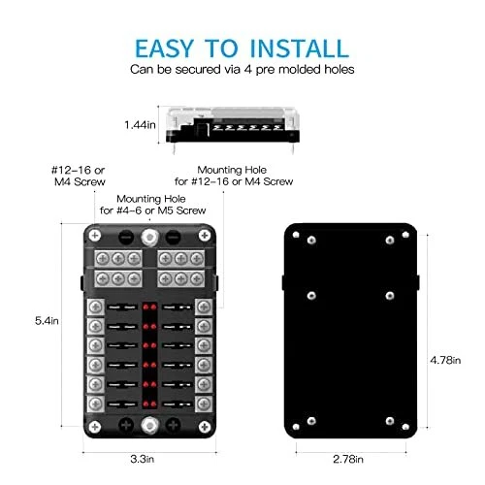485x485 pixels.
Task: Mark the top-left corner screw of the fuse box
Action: point(95,235)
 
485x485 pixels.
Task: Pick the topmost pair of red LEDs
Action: point(149,307)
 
